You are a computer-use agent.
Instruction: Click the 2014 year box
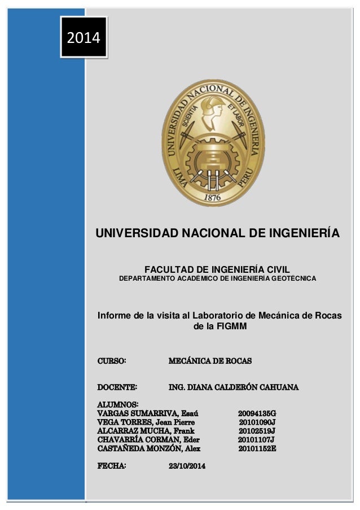pyautogui.click(x=84, y=38)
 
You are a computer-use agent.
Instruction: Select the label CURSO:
pyautogui.click(x=112, y=360)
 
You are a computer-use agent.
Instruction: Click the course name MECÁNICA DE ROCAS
pyautogui.click(x=210, y=360)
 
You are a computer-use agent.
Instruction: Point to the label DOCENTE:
pyautogui.click(x=117, y=387)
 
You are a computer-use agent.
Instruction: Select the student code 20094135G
pyautogui.click(x=257, y=413)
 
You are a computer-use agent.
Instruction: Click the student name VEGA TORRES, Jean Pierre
pyautogui.click(x=146, y=422)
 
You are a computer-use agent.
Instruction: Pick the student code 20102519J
pyautogui.click(x=257, y=431)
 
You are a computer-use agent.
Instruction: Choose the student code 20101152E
pyautogui.click(x=257, y=448)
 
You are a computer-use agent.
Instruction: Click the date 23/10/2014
pyautogui.click(x=187, y=467)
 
